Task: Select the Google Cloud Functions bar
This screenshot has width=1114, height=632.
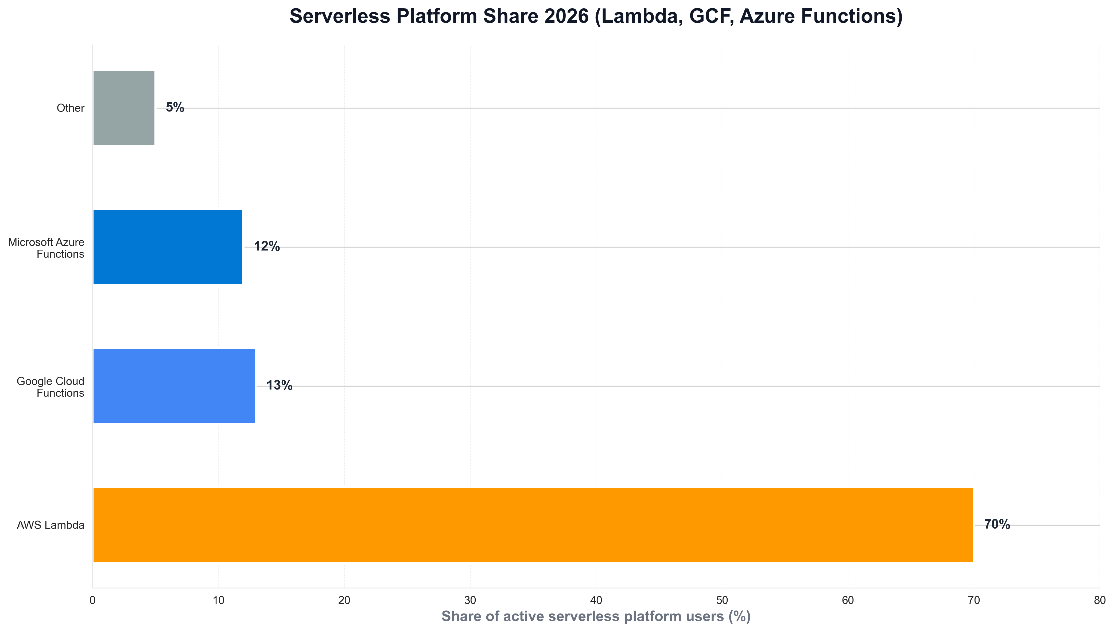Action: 174,386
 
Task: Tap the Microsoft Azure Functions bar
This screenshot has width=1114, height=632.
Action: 168,247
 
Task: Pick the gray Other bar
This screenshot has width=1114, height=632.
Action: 124,108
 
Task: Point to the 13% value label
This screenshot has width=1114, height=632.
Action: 279,386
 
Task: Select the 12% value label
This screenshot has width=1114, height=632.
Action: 267,246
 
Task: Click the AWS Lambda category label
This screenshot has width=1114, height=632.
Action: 51,525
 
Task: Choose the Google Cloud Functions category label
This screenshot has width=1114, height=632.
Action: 51,387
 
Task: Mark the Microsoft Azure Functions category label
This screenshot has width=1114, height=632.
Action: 46,248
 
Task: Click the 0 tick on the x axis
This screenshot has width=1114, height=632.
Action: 92,600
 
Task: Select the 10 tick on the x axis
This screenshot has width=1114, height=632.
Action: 218,600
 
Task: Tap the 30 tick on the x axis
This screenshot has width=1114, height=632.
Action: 470,600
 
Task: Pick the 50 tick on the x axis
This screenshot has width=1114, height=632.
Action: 722,600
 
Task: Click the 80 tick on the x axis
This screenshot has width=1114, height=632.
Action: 1100,600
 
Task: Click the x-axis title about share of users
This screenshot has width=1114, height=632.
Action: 596,616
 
